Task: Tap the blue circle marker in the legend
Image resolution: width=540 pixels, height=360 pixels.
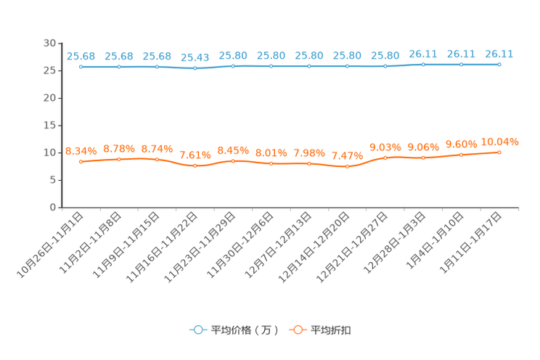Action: click(x=197, y=330)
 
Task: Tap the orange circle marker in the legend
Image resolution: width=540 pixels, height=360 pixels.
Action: click(x=297, y=330)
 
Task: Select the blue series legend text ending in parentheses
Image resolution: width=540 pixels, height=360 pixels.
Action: click(x=244, y=330)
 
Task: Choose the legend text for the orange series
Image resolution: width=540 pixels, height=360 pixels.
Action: click(x=332, y=330)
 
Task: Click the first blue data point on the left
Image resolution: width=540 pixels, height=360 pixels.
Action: click(x=81, y=67)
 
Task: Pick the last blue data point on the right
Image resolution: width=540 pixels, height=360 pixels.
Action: click(x=499, y=65)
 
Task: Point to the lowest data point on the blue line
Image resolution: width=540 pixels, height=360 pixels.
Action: click(x=195, y=68)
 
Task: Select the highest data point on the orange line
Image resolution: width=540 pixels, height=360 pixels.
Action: click(x=499, y=152)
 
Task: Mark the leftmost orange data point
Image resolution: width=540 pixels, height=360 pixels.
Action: click(x=81, y=161)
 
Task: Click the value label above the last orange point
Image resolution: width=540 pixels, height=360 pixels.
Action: click(x=500, y=140)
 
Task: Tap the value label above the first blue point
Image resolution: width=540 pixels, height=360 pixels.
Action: click(x=81, y=56)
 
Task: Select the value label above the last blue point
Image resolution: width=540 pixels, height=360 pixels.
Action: click(x=499, y=53)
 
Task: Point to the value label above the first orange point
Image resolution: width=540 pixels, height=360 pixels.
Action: click(x=81, y=150)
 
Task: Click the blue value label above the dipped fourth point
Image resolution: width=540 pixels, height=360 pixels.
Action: click(x=195, y=57)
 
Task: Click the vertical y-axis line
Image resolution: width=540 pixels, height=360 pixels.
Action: click(x=61, y=123)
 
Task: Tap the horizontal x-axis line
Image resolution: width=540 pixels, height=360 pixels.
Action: click(x=290, y=208)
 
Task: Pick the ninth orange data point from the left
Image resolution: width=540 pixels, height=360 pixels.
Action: click(x=385, y=157)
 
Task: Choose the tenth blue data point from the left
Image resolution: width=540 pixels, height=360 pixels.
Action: click(x=423, y=65)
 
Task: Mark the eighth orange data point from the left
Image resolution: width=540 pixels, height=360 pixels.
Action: click(x=348, y=166)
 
